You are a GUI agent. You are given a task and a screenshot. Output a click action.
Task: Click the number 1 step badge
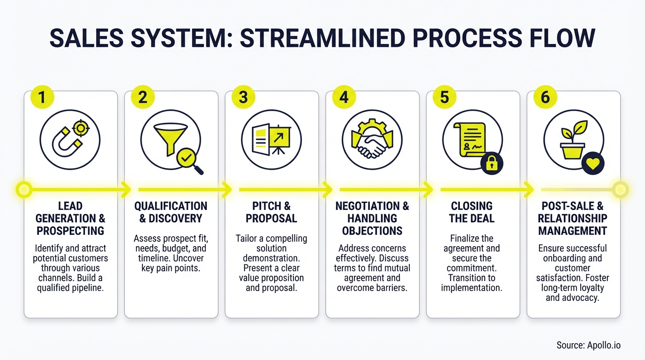click(x=42, y=97)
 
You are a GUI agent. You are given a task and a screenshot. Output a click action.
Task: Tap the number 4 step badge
click(x=344, y=97)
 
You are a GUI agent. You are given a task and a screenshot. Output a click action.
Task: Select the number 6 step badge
click(x=545, y=97)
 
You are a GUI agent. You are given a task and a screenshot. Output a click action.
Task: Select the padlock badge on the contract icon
click(x=492, y=163)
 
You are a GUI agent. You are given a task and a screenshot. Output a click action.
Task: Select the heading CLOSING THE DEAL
click(x=472, y=212)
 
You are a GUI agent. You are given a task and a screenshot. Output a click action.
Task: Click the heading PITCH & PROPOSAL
click(x=271, y=212)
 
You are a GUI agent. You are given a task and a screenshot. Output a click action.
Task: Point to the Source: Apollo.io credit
click(x=588, y=345)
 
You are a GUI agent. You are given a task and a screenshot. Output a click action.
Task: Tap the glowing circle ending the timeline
click(x=620, y=190)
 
